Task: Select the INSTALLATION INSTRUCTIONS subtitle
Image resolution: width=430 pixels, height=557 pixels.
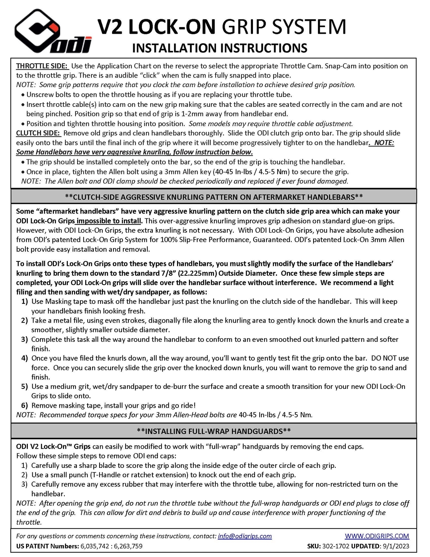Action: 220,48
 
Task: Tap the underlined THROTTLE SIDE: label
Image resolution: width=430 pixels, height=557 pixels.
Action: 42,66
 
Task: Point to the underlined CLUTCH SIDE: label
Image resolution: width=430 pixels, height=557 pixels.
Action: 38,133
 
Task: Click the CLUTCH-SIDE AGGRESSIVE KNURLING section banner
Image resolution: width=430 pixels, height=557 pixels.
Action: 214,197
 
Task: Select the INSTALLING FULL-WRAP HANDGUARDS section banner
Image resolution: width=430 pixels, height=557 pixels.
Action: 214,431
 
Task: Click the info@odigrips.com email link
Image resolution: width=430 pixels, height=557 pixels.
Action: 245,536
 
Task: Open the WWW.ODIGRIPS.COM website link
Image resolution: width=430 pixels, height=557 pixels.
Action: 377,536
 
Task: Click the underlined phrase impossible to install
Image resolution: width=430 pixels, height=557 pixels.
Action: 109,221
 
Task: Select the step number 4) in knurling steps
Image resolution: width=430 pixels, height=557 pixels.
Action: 24,358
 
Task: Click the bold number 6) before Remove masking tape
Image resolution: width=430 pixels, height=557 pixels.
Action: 24,406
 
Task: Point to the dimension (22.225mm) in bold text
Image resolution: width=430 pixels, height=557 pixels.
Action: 200,273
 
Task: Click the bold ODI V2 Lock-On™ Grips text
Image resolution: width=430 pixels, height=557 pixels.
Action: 53,447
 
